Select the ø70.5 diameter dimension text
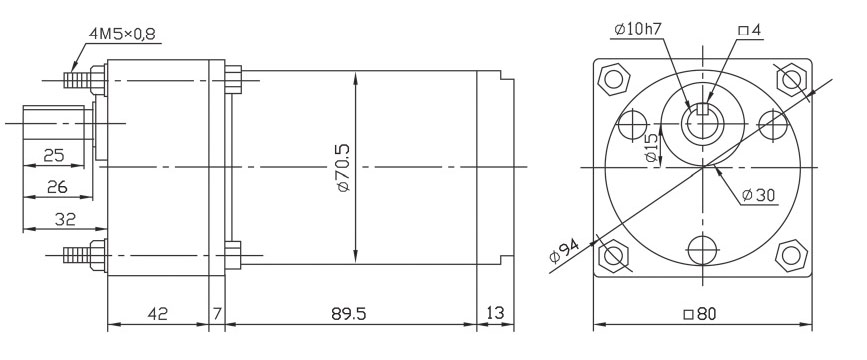[x=343, y=167]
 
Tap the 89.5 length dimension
[x=348, y=313]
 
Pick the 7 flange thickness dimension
[x=217, y=313]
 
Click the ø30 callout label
[x=760, y=194]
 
